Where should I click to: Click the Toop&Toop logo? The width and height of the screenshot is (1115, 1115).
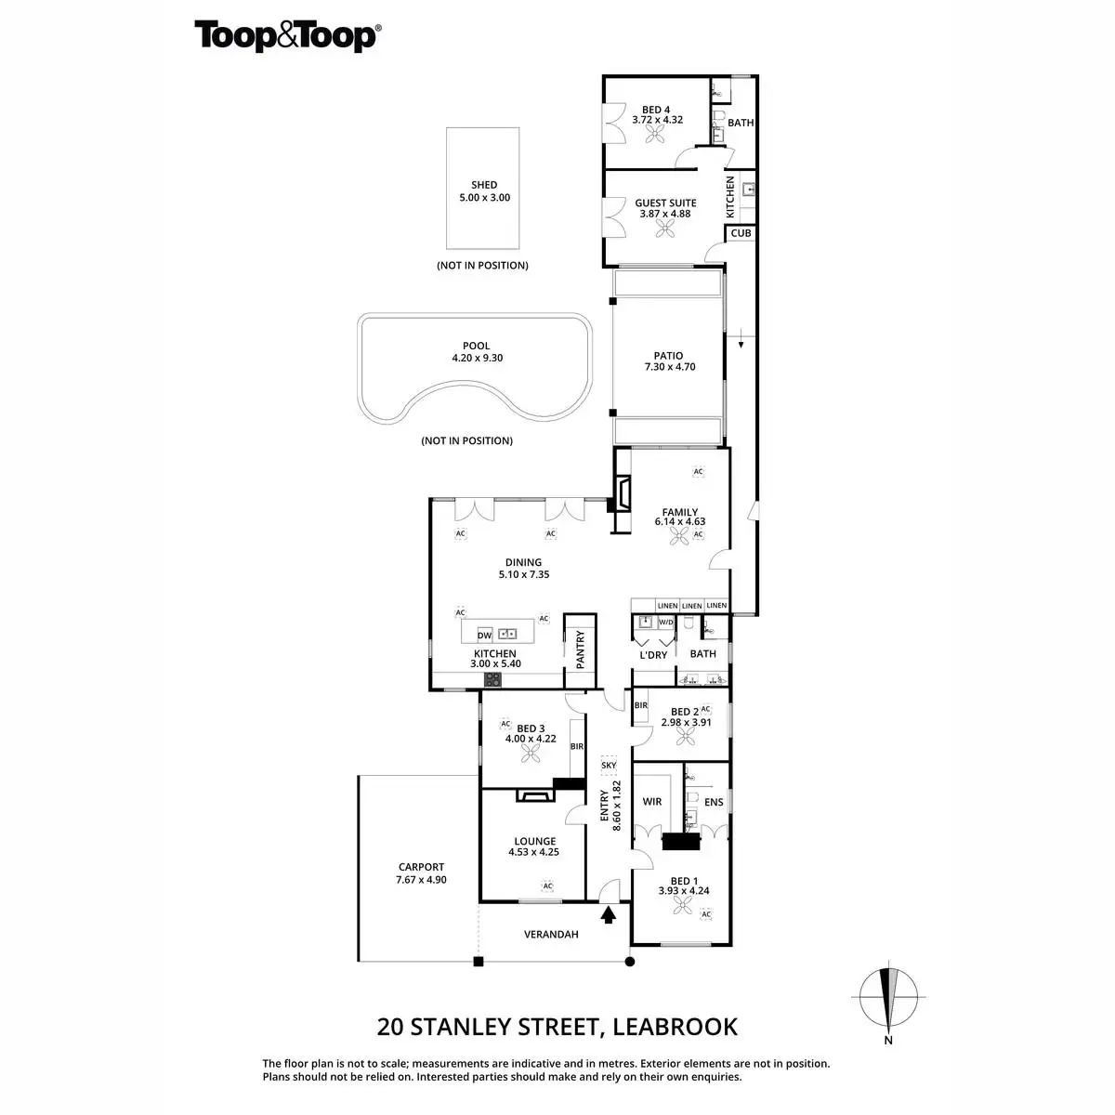[x=287, y=36]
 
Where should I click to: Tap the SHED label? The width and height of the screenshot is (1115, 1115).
[x=484, y=185]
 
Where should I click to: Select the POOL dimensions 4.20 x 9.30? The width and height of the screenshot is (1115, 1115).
[x=478, y=358]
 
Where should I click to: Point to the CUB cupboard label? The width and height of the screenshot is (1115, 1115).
[x=741, y=233]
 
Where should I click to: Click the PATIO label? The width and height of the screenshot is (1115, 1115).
[x=668, y=356]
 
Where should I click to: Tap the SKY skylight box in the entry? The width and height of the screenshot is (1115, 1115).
[x=609, y=765]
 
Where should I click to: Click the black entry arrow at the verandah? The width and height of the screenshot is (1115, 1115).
[x=608, y=915]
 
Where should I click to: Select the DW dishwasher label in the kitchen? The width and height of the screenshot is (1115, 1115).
[x=484, y=636]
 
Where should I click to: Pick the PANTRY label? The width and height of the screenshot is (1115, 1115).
[x=581, y=649]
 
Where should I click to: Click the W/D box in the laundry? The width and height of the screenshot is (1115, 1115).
[x=666, y=623]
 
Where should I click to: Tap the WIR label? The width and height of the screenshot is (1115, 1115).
[x=652, y=802]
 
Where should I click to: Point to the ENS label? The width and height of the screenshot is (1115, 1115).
[x=714, y=803]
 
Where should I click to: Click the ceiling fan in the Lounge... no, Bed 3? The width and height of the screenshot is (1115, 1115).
[x=530, y=754]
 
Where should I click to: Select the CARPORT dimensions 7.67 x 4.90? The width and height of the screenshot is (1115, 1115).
[x=421, y=880]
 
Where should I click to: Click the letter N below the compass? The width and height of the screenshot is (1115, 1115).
[x=888, y=1040]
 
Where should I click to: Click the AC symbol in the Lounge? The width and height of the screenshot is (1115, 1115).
[x=547, y=885]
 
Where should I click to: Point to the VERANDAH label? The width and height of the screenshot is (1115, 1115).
[x=551, y=935]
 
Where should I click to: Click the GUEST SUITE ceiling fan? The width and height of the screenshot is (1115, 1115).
[x=665, y=230]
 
